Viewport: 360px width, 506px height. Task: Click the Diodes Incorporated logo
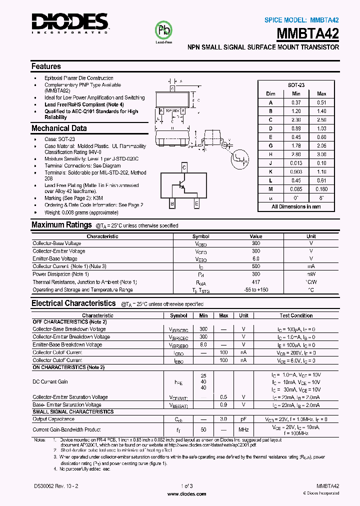coord(70,22)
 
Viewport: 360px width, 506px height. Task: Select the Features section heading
coord(46,66)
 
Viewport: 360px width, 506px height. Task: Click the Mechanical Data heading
coord(59,128)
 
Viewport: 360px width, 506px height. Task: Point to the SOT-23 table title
coord(296,85)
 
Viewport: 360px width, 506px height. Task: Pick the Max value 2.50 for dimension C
coord(321,119)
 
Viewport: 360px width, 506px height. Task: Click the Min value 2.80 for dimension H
coord(296,154)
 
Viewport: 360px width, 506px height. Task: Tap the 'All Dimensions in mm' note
coord(296,206)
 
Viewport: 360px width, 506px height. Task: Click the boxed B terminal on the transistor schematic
coord(172,203)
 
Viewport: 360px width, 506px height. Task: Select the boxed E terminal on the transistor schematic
coord(196,203)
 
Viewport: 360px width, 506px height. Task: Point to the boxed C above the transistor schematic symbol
coord(184,167)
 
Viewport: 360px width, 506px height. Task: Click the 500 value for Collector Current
coord(256,266)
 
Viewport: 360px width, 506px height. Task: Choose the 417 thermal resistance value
coord(256,282)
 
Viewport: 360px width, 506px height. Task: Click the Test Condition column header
coord(296,315)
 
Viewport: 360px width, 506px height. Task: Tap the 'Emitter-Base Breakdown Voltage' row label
coord(67,345)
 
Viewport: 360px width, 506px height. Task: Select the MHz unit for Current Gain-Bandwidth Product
coord(243,429)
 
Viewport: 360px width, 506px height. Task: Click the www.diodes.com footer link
coord(186,493)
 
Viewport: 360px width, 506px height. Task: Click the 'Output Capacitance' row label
coord(53,419)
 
